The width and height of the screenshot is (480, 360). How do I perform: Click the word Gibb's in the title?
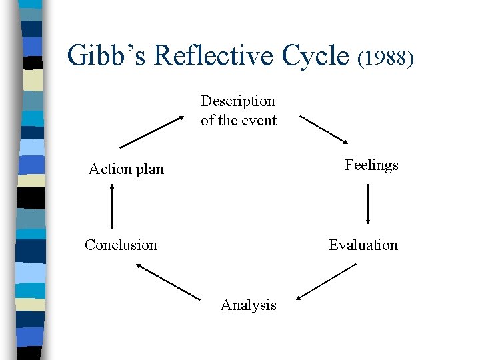click(107, 55)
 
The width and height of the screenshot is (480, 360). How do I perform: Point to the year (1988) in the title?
click(387, 58)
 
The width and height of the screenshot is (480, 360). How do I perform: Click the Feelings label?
click(371, 165)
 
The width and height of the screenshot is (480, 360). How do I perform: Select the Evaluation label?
click(363, 245)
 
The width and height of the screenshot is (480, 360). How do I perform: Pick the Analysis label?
click(248, 305)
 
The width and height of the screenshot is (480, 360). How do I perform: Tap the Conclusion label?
click(121, 245)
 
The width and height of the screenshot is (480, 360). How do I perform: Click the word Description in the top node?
click(238, 101)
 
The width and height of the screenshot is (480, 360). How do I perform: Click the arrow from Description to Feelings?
click(324, 129)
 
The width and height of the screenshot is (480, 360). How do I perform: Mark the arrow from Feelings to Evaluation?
click(367, 204)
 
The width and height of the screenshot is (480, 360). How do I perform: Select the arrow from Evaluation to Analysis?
click(326, 282)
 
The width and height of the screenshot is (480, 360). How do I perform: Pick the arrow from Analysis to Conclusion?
click(167, 281)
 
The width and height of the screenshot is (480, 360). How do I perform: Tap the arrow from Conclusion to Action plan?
click(111, 206)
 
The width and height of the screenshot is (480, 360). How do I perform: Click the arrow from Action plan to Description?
click(152, 131)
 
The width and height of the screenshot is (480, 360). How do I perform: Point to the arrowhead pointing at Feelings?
click(345, 141)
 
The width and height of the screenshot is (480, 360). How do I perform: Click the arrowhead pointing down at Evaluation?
click(367, 221)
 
